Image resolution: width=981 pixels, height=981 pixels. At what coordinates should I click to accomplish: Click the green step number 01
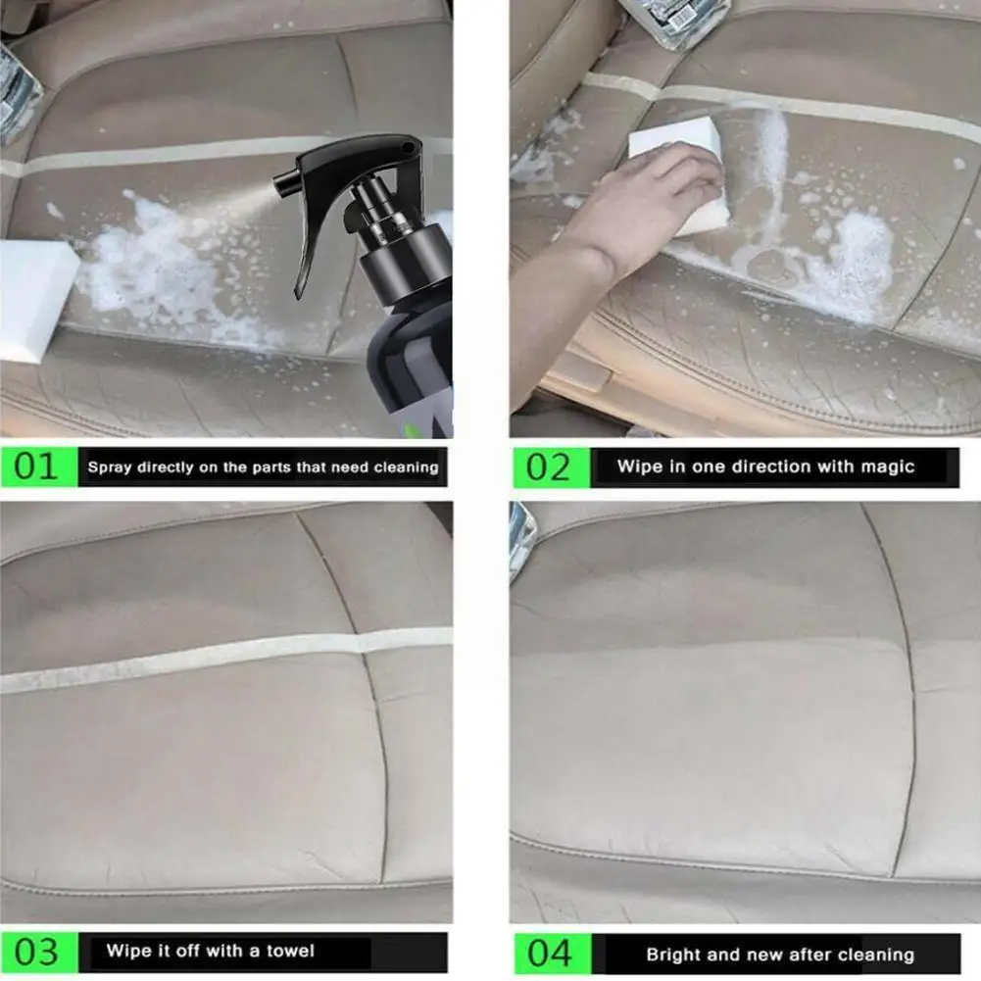[x=36, y=466]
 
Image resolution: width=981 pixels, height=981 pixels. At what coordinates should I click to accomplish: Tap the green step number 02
[x=548, y=466]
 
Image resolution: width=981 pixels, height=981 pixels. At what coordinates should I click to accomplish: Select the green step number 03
[x=36, y=951]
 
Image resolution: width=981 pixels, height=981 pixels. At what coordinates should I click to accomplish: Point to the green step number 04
[x=548, y=953]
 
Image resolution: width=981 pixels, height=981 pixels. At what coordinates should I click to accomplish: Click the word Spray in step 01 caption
[x=110, y=467]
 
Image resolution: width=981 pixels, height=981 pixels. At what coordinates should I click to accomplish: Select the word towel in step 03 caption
[x=290, y=951]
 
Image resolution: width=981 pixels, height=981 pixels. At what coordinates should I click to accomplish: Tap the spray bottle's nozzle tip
[x=283, y=183]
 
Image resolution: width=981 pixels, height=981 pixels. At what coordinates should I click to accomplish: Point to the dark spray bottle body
[x=412, y=363]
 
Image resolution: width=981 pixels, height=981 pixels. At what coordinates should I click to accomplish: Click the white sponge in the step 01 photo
[x=34, y=299]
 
